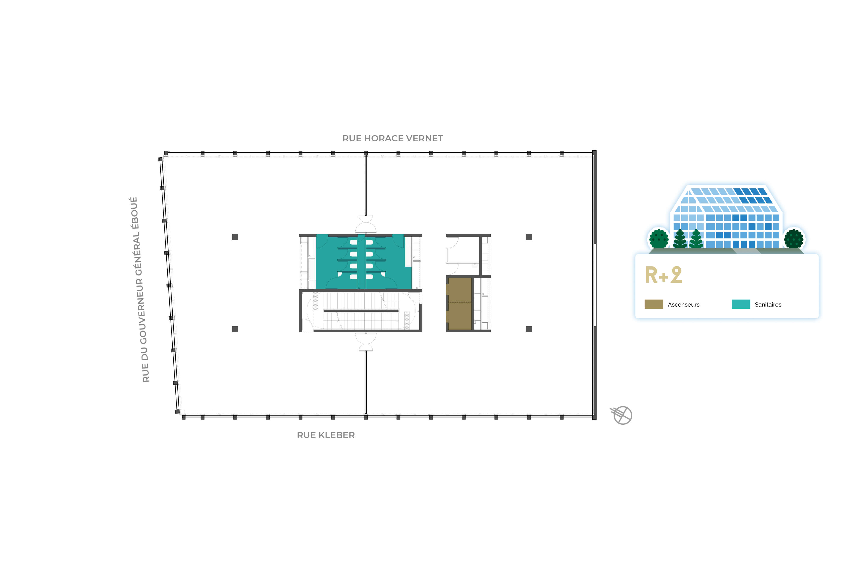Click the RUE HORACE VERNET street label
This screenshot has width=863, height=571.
(x=392, y=138)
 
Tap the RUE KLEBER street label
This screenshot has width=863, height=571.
(x=326, y=435)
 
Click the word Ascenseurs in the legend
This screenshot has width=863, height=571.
(x=683, y=305)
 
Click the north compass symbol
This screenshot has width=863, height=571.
(x=622, y=415)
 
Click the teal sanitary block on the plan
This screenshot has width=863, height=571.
(x=360, y=262)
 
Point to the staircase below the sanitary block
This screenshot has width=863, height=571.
(x=360, y=311)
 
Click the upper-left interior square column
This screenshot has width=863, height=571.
(x=235, y=237)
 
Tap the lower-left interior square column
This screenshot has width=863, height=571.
(x=235, y=329)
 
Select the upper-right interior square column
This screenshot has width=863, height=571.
(x=529, y=237)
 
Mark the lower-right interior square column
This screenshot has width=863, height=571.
(x=529, y=329)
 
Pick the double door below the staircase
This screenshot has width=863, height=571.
(x=365, y=342)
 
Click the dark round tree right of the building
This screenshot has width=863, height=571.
(x=794, y=238)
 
